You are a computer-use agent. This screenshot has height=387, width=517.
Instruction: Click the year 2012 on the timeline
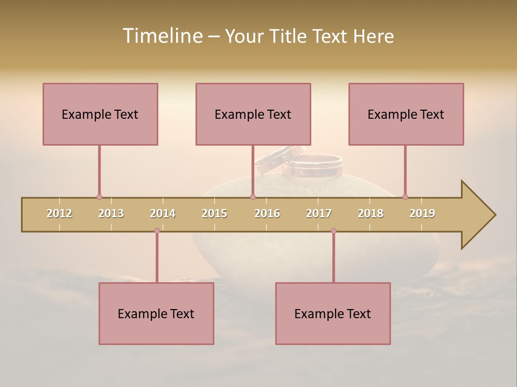[59, 213]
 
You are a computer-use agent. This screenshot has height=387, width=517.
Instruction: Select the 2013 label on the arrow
[111, 213]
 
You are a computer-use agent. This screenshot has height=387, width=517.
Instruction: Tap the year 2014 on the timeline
[163, 213]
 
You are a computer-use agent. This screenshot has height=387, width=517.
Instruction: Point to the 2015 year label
[214, 213]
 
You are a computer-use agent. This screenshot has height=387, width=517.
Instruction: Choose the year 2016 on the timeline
[267, 213]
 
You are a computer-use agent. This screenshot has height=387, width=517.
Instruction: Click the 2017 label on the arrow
[319, 213]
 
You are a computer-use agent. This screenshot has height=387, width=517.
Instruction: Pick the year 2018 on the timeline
[371, 213]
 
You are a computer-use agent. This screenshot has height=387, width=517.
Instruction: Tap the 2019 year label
[422, 213]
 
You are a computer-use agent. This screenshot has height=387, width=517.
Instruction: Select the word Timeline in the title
[162, 36]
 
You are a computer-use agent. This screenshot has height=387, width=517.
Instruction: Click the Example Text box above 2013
[100, 114]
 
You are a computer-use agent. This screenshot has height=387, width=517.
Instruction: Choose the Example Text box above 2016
[253, 114]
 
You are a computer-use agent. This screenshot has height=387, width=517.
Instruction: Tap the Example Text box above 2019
[406, 114]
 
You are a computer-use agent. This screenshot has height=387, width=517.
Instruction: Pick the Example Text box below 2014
[156, 313]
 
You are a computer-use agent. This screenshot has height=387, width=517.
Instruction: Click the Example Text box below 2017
[333, 313]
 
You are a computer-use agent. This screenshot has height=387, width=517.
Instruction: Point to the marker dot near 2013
[99, 197]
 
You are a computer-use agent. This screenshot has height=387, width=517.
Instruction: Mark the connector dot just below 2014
[157, 231]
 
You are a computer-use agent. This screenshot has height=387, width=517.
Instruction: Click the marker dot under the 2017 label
[333, 231]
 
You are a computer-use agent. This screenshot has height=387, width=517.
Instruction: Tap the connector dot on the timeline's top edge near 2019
[405, 197]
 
